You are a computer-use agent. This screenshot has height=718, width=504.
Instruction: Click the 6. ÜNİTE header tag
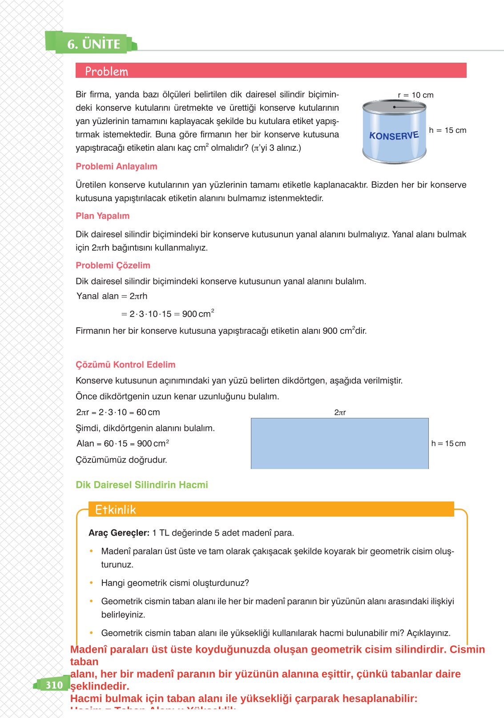pyautogui.click(x=93, y=44)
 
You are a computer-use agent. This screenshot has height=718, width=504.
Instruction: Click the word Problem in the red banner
pyautogui.click(x=106, y=72)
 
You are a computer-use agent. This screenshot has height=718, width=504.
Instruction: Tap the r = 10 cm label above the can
pyautogui.click(x=415, y=95)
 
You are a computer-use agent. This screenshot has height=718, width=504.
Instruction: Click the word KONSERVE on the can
pyautogui.click(x=394, y=136)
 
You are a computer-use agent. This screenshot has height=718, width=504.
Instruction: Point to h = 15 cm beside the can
pyautogui.click(x=448, y=130)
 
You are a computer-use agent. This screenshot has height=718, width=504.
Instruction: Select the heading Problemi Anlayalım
pyautogui.click(x=116, y=166)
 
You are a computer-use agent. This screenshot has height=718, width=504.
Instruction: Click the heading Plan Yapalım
pyautogui.click(x=102, y=216)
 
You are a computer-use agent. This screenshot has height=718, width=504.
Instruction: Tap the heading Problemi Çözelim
pyautogui.click(x=113, y=265)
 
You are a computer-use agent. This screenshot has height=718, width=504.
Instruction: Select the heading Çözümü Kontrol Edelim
pyautogui.click(x=125, y=365)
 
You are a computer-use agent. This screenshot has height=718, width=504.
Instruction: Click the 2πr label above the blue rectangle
pyautogui.click(x=340, y=413)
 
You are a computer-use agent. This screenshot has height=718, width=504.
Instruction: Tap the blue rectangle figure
pyautogui.click(x=339, y=443)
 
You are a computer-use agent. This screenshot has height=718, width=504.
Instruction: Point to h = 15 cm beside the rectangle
pyautogui.click(x=448, y=443)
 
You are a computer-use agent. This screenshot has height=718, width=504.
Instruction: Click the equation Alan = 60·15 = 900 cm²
pyautogui.click(x=122, y=444)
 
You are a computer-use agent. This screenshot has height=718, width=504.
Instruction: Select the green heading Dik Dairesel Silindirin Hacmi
pyautogui.click(x=141, y=485)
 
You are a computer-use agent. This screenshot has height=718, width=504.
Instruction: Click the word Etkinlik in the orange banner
pyautogui.click(x=115, y=509)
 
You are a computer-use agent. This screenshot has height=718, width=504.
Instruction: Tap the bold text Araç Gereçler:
pyautogui.click(x=119, y=533)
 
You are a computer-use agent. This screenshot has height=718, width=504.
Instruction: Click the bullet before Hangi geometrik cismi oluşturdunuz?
pyautogui.click(x=91, y=583)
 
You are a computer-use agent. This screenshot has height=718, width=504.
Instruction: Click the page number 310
pyautogui.click(x=54, y=685)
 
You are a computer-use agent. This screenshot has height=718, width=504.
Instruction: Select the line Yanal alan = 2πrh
pyautogui.click(x=112, y=296)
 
